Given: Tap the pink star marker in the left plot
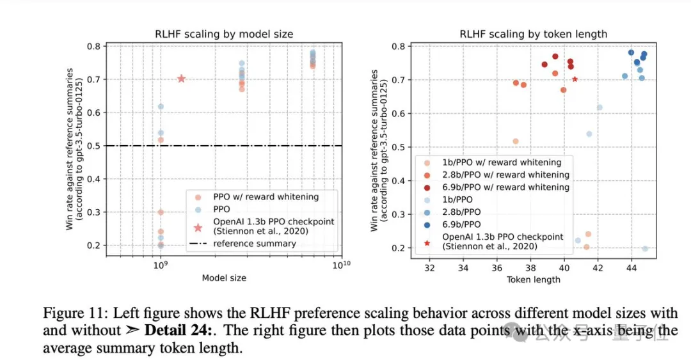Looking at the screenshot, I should pyautogui.click(x=181, y=79).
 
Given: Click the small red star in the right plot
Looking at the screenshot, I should pyautogui.click(x=575, y=79).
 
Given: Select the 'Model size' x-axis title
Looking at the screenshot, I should pyautogui.click(x=224, y=278).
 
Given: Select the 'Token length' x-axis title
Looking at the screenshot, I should pyautogui.click(x=533, y=279).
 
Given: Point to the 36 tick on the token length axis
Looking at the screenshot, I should pyautogui.click(x=497, y=267).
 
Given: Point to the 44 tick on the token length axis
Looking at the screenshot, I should pyautogui.click(x=631, y=267).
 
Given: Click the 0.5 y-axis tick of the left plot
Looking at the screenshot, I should pyautogui.click(x=93, y=146).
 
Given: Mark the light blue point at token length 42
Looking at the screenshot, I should pyautogui.click(x=600, y=107).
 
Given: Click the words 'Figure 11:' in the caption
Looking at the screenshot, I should pyautogui.click(x=70, y=313).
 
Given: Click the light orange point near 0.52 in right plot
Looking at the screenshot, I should pyautogui.click(x=515, y=141).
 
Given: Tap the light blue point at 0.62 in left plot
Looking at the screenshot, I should pyautogui.click(x=161, y=106).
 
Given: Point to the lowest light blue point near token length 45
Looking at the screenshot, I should pyautogui.click(x=644, y=249).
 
